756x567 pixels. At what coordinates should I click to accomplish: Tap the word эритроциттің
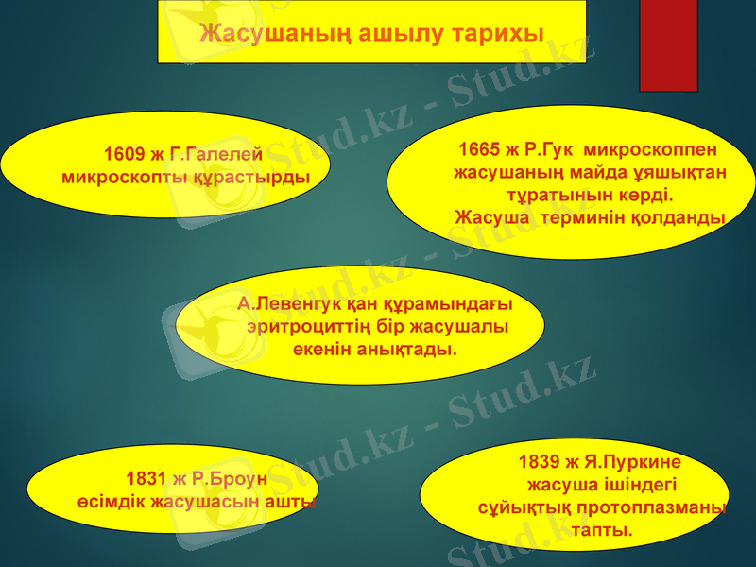(309, 327)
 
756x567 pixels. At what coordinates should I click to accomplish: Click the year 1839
(540, 463)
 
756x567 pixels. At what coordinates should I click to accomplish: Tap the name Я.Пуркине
(632, 463)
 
